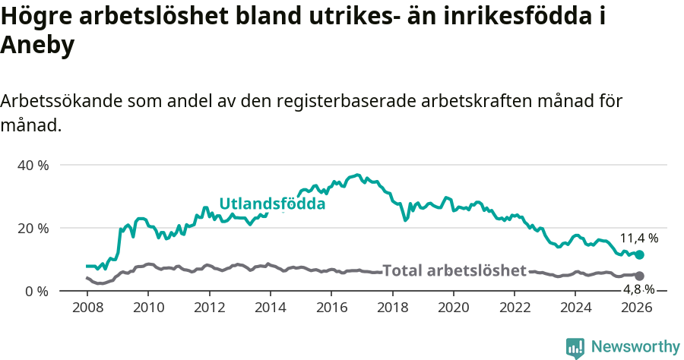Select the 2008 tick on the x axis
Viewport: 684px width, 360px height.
[x=87, y=308]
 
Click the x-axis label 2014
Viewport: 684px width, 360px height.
[x=270, y=308]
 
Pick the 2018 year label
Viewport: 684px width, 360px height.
[x=392, y=308]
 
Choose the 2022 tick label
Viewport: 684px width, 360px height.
[x=515, y=308]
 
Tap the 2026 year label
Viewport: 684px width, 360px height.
[x=637, y=308]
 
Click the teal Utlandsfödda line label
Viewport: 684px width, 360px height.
[x=272, y=204]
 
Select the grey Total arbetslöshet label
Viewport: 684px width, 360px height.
[x=454, y=270]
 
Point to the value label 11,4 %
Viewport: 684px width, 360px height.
[x=639, y=238]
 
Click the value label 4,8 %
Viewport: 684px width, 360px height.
[x=639, y=289]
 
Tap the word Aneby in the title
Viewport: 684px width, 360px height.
[x=37, y=46]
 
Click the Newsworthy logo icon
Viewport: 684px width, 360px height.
[x=575, y=348]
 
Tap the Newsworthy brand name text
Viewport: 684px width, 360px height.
[x=635, y=347]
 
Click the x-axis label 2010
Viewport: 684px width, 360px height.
[x=148, y=308]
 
